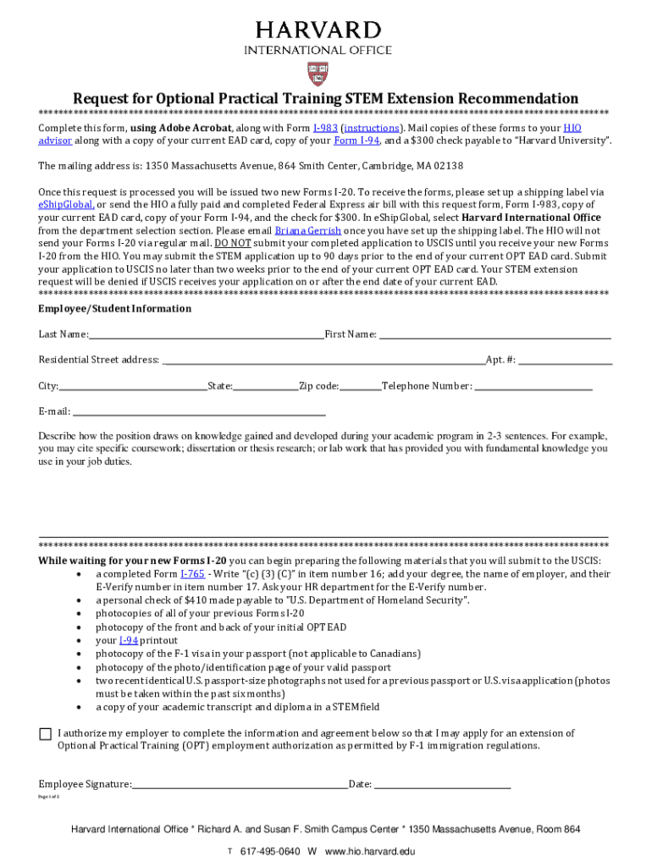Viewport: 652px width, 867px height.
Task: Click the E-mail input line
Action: pyautogui.click(x=199, y=413)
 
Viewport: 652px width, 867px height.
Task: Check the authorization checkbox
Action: pyautogui.click(x=45, y=734)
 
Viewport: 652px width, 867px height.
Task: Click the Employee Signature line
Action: pyautogui.click(x=240, y=786)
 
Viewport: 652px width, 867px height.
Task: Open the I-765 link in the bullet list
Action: pyautogui.click(x=191, y=574)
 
